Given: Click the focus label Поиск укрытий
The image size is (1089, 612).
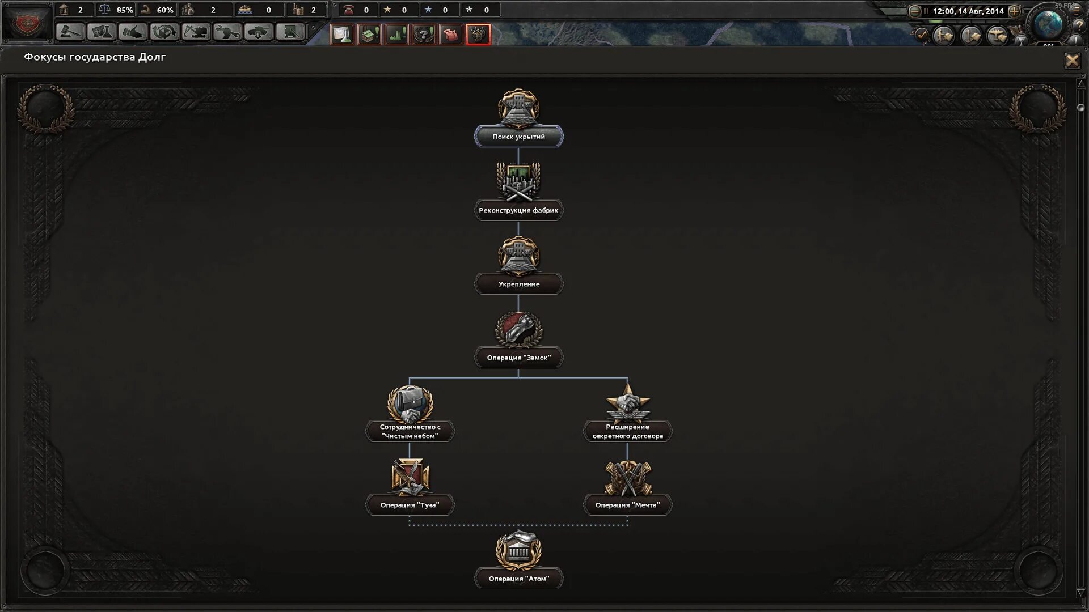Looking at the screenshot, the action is pos(518,137).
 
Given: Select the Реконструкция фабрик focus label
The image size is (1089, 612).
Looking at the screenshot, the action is pos(518,210).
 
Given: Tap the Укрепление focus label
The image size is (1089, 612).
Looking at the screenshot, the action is pos(518,284).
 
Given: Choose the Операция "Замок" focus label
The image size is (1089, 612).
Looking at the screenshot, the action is pos(518,358).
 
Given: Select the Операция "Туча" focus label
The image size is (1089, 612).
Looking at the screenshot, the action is pos(410,505).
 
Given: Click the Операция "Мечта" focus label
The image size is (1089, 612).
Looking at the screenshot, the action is pos(627,505).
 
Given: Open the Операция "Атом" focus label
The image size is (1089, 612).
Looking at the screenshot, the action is pos(518,579).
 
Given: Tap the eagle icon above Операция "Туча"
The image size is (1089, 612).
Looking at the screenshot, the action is pos(410,476).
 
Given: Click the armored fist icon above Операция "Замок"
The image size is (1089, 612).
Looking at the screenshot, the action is pos(518,329).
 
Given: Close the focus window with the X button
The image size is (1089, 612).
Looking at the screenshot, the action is pos(1072,61).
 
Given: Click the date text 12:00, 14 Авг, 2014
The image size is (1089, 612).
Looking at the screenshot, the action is pos(968,11).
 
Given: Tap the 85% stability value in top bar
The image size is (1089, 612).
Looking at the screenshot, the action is pos(124,10).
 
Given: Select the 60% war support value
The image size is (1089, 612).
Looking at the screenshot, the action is pos(164,10).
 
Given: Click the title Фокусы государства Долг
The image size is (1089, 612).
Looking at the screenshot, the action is pos(95,57).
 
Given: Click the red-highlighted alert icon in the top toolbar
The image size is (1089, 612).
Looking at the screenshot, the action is pos(478,35).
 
